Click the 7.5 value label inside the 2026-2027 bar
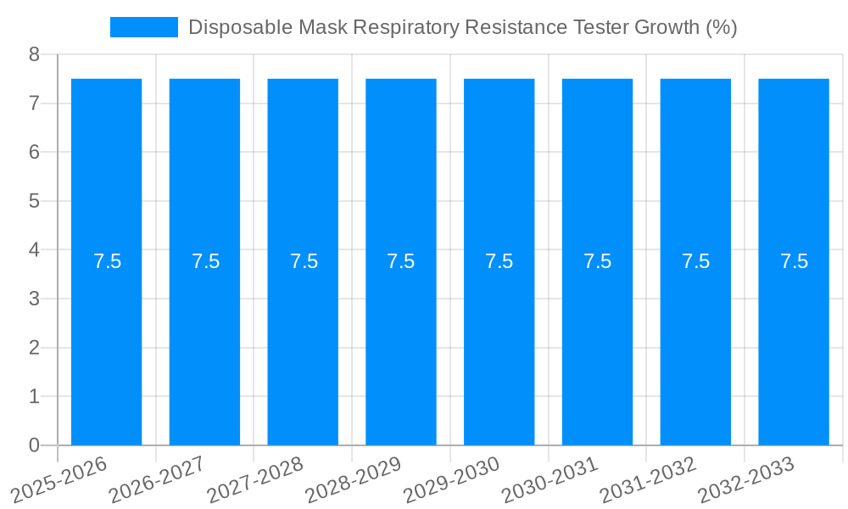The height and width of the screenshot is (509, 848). coord(205,261)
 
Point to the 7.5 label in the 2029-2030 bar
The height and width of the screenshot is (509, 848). coord(499,261)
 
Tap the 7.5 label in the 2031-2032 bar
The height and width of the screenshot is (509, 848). coord(696,261)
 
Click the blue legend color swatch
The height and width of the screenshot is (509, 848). coord(144,27)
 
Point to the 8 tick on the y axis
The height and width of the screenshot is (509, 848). coord(34,55)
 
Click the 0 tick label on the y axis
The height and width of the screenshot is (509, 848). coord(34,445)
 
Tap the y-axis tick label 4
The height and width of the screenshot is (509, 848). coord(34,250)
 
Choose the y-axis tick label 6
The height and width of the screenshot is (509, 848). coord(34,153)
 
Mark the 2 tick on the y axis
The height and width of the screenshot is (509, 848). coord(34,348)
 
